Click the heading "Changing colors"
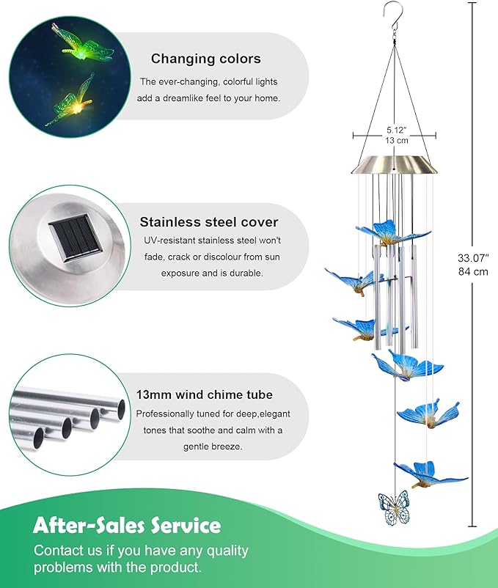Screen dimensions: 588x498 click(205, 59)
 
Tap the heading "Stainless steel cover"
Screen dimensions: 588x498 click(209, 221)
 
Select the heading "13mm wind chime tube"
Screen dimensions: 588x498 click(204, 394)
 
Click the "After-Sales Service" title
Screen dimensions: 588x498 click(127, 525)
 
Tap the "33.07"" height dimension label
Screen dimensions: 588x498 click(473, 257)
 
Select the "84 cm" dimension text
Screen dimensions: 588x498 click(473, 271)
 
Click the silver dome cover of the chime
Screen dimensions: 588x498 click(394, 165)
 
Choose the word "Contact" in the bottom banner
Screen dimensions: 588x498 click(58, 550)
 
